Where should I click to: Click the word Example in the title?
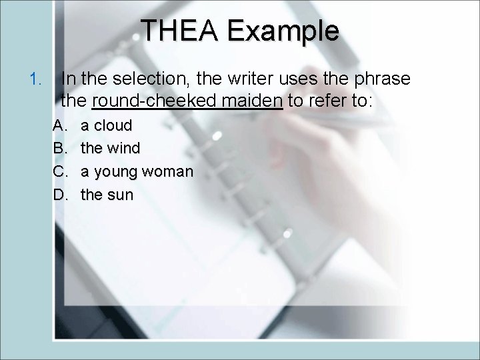283,31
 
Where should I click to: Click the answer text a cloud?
107,125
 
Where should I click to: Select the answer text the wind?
111,149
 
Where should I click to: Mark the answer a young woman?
137,172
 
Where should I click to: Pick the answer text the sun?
107,195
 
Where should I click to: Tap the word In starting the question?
68,79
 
